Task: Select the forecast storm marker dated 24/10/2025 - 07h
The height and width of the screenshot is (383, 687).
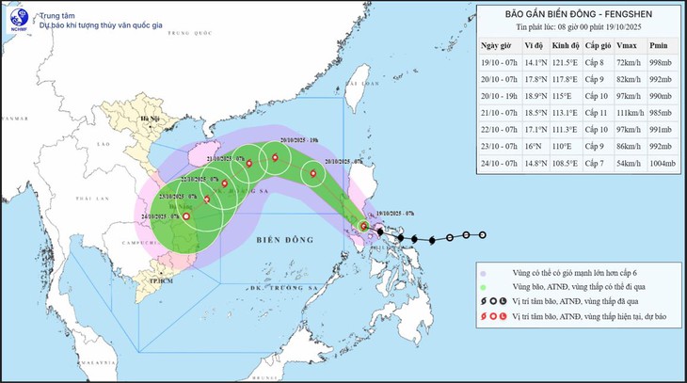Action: [185, 217]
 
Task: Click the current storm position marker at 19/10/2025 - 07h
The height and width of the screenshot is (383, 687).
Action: [364, 226]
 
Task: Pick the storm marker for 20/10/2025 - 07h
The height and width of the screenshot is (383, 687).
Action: [313, 173]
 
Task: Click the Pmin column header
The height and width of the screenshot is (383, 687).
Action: [660, 45]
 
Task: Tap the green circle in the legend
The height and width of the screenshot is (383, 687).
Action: [483, 286]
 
